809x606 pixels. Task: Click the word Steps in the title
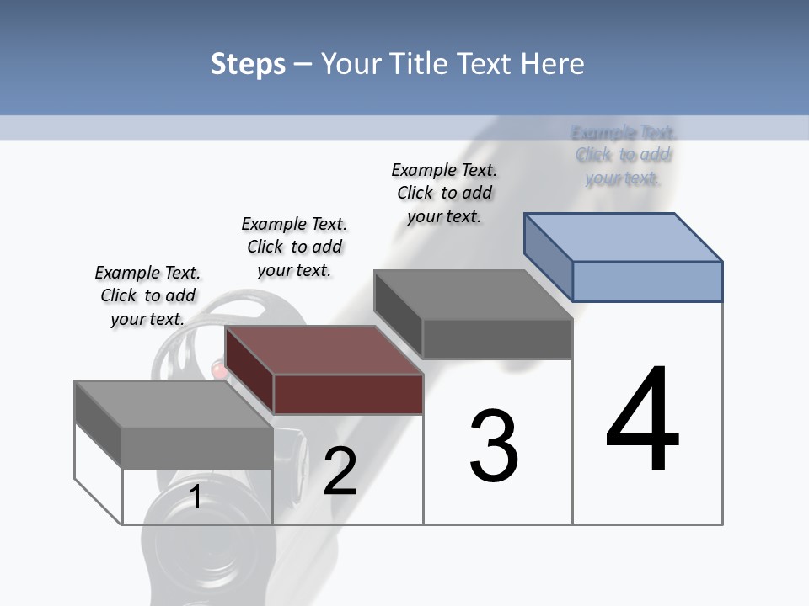tap(248, 64)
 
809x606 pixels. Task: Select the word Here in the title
tap(553, 64)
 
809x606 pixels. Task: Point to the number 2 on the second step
tap(340, 471)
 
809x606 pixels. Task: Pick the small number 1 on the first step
tap(196, 497)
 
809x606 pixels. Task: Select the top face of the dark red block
tap(324, 350)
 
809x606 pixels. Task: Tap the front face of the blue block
tap(647, 281)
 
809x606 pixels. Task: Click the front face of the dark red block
tap(348, 394)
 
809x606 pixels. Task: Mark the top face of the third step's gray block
tap(474, 295)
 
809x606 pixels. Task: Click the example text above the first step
tap(147, 295)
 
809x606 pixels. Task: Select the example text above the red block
tap(294, 247)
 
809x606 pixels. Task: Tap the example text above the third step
tap(444, 193)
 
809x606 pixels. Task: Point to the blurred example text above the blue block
tap(624, 155)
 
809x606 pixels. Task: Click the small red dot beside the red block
tap(219, 369)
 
